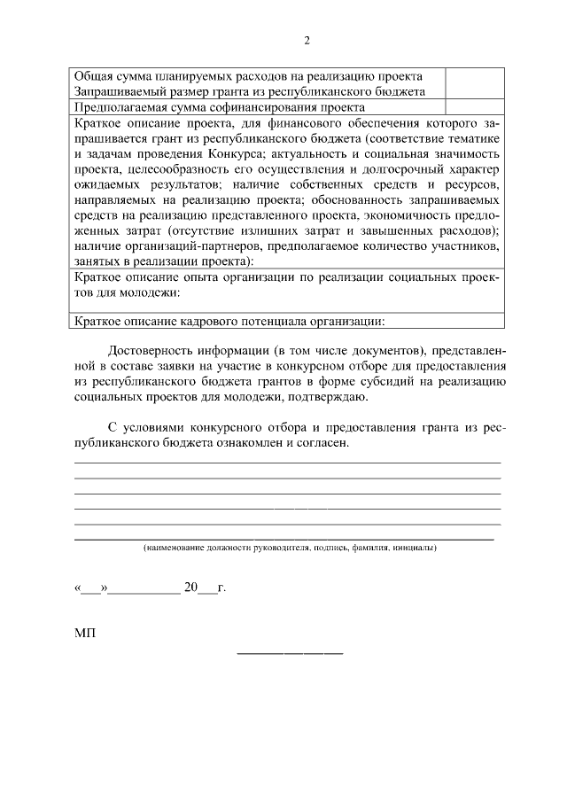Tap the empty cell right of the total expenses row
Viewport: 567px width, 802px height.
click(474, 83)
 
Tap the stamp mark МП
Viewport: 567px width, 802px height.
click(84, 633)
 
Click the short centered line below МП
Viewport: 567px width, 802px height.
click(290, 654)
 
